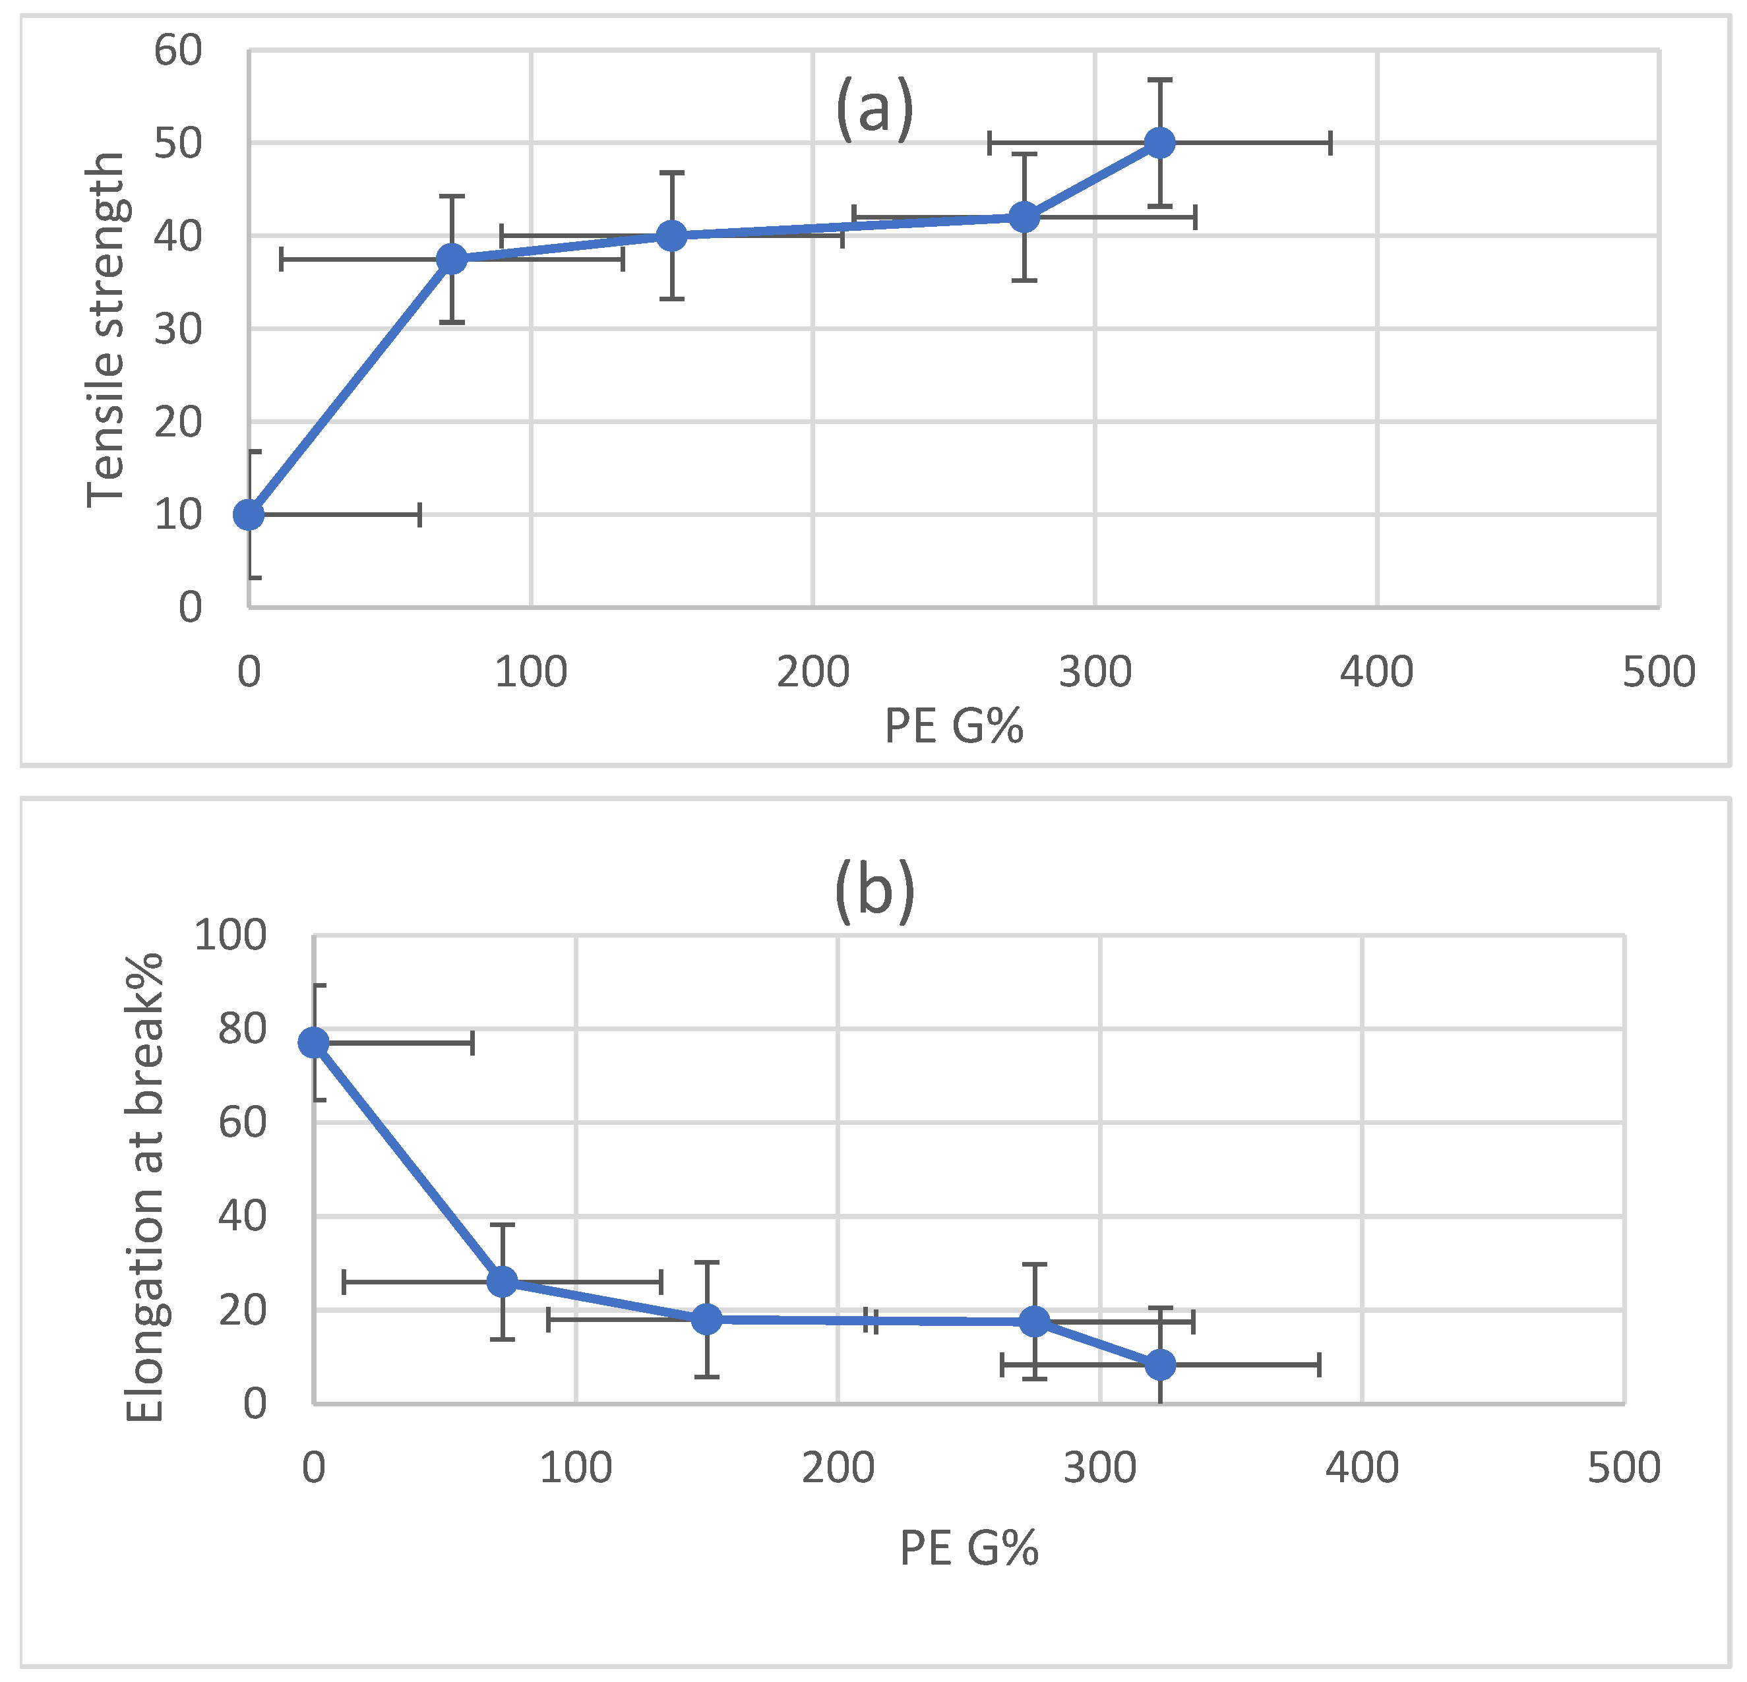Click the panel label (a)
point(874,108)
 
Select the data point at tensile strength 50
point(1159,142)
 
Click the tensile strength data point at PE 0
point(249,514)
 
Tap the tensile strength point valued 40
point(671,235)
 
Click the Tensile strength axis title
point(106,330)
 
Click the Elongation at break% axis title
point(144,1188)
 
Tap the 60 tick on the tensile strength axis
point(178,51)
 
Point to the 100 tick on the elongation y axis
point(230,936)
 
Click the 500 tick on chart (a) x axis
point(1659,671)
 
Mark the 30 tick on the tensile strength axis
point(178,330)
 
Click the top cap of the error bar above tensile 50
point(1159,80)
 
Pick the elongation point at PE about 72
point(503,1282)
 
